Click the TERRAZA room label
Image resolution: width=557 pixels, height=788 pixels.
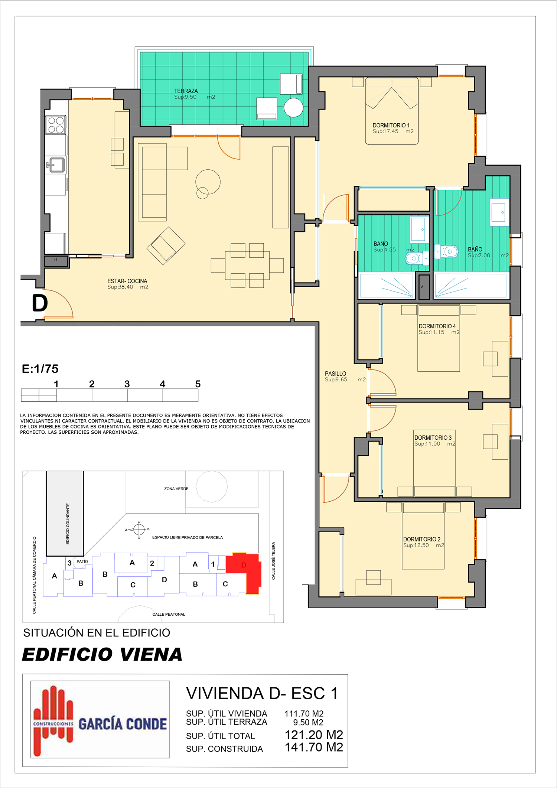pyautogui.click(x=186, y=91)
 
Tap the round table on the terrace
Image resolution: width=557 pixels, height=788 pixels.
pyautogui.click(x=293, y=108)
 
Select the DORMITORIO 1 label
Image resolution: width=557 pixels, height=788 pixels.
pyautogui.click(x=391, y=126)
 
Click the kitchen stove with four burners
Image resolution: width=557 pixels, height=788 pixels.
pyautogui.click(x=56, y=125)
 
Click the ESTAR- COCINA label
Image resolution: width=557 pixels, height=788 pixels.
pyautogui.click(x=127, y=281)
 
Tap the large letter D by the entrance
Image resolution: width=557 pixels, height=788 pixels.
pyautogui.click(x=40, y=303)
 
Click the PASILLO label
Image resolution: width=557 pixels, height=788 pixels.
pyautogui.click(x=335, y=374)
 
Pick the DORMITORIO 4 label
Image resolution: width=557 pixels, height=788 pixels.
pyautogui.click(x=437, y=326)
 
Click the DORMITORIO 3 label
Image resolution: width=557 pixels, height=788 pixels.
pyautogui.click(x=433, y=438)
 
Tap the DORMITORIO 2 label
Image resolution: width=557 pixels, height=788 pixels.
pyautogui.click(x=422, y=539)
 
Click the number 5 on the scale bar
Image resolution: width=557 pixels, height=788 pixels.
pyautogui.click(x=198, y=384)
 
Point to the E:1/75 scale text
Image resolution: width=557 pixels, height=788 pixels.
pyautogui.click(x=40, y=369)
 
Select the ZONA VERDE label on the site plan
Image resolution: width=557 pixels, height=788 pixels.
pyautogui.click(x=176, y=489)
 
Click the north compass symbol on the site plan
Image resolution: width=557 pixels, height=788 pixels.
pyautogui.click(x=139, y=530)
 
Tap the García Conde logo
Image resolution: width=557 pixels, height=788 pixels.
pyautogui.click(x=100, y=719)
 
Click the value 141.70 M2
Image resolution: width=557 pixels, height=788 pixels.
pyautogui.click(x=314, y=747)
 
